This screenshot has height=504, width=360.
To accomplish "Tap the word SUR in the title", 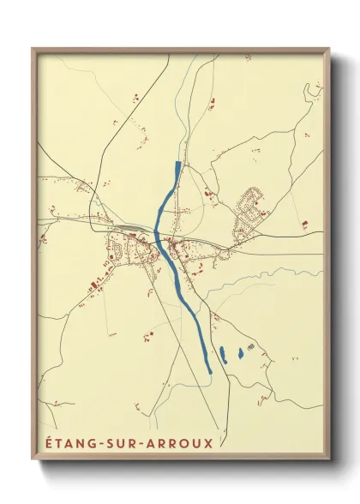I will coord(123,442).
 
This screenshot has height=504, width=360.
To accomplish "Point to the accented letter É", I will coord(44,442).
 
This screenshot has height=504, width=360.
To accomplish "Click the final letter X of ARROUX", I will coord(208,442).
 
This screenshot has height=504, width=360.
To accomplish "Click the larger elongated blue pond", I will coord(222,355).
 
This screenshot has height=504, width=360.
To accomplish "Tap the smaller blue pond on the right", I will coord(240,351).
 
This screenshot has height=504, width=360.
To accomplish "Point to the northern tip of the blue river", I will coord(178,163).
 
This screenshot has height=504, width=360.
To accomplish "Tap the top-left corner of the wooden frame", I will coord(33,49).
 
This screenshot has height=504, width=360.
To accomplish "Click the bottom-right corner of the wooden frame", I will coord(329,461).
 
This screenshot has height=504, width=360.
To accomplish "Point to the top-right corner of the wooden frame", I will coord(329,49).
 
